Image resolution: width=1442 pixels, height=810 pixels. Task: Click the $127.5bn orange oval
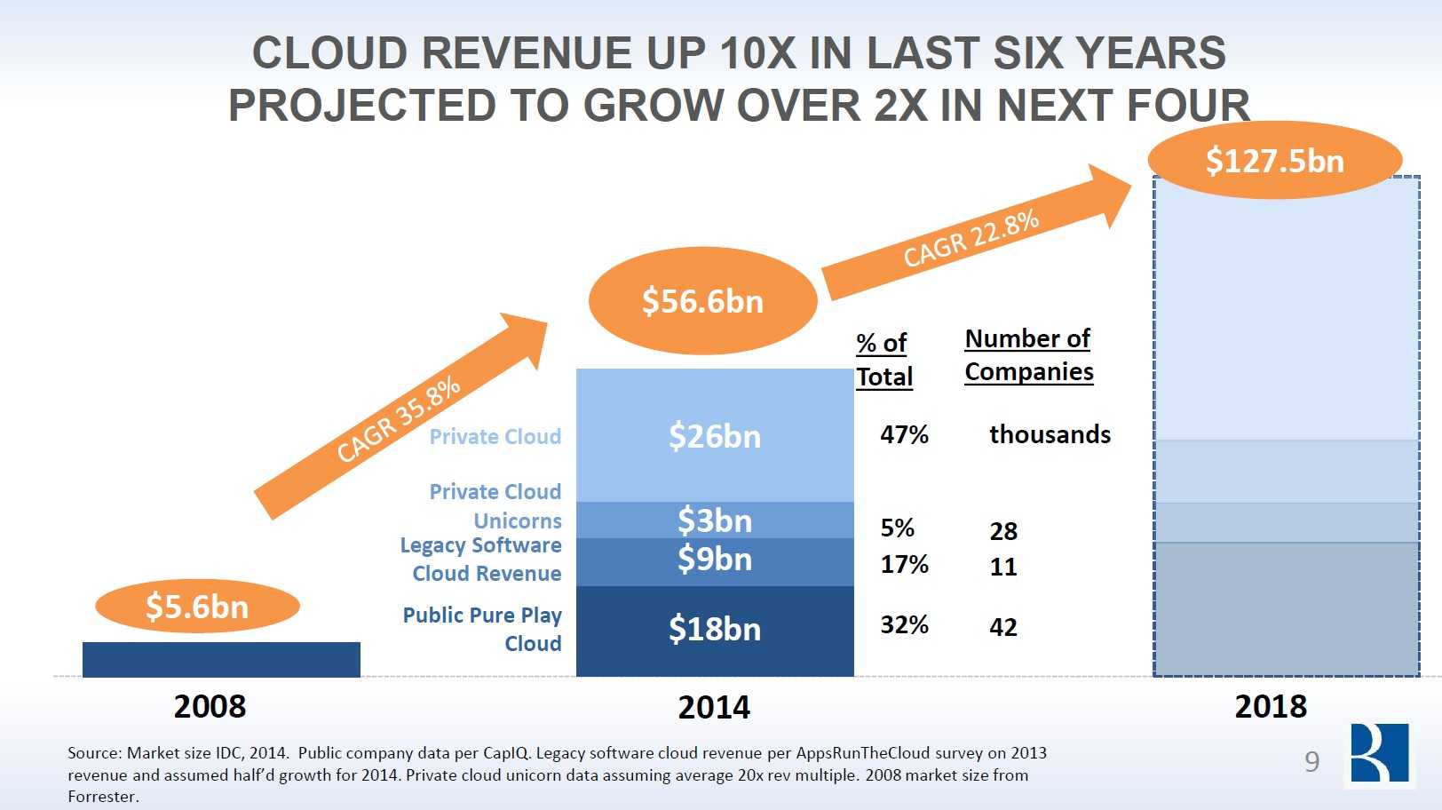(x=1274, y=161)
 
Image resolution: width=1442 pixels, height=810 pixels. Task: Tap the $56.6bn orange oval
(x=702, y=301)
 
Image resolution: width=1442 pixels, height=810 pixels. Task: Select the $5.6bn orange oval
(x=197, y=607)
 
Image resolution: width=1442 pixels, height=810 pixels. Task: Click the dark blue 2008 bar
(x=221, y=659)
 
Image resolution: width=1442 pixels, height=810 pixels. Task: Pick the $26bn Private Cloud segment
(x=715, y=436)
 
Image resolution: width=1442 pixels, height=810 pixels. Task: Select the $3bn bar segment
(x=715, y=520)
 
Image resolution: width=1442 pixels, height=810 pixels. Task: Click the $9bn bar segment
(x=715, y=560)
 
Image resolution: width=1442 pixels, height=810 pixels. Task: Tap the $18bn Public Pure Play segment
(x=715, y=630)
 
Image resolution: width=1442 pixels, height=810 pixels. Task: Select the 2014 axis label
(x=714, y=707)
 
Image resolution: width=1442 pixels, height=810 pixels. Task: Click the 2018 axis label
(x=1271, y=706)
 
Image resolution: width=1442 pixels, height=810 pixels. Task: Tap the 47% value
(x=904, y=434)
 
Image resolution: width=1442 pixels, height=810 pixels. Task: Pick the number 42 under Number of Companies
(x=1003, y=627)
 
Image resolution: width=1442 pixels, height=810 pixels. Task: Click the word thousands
(x=1050, y=434)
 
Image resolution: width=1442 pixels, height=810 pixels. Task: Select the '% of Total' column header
(x=883, y=360)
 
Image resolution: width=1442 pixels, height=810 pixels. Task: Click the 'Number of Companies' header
(x=1028, y=355)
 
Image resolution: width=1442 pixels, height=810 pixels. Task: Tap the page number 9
(x=1311, y=761)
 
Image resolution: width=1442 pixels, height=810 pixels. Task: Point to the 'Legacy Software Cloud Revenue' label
(x=480, y=560)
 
